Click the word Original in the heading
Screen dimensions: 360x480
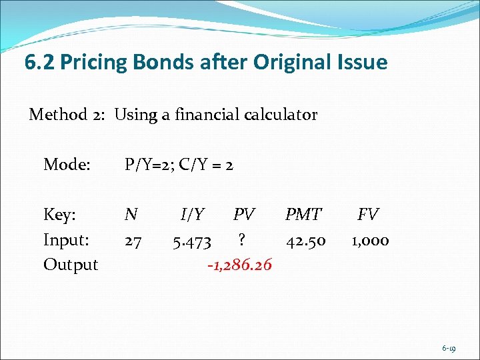292,63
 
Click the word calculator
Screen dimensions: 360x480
280,115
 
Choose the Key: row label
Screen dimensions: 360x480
60,215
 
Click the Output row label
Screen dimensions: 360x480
71,265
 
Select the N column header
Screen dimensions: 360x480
131,215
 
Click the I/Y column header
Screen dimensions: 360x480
193,215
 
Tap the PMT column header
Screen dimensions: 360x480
303,215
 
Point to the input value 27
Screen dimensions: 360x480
133,241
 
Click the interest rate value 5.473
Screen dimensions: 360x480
192,241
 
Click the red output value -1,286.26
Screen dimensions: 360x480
239,265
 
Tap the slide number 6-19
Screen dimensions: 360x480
449,348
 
